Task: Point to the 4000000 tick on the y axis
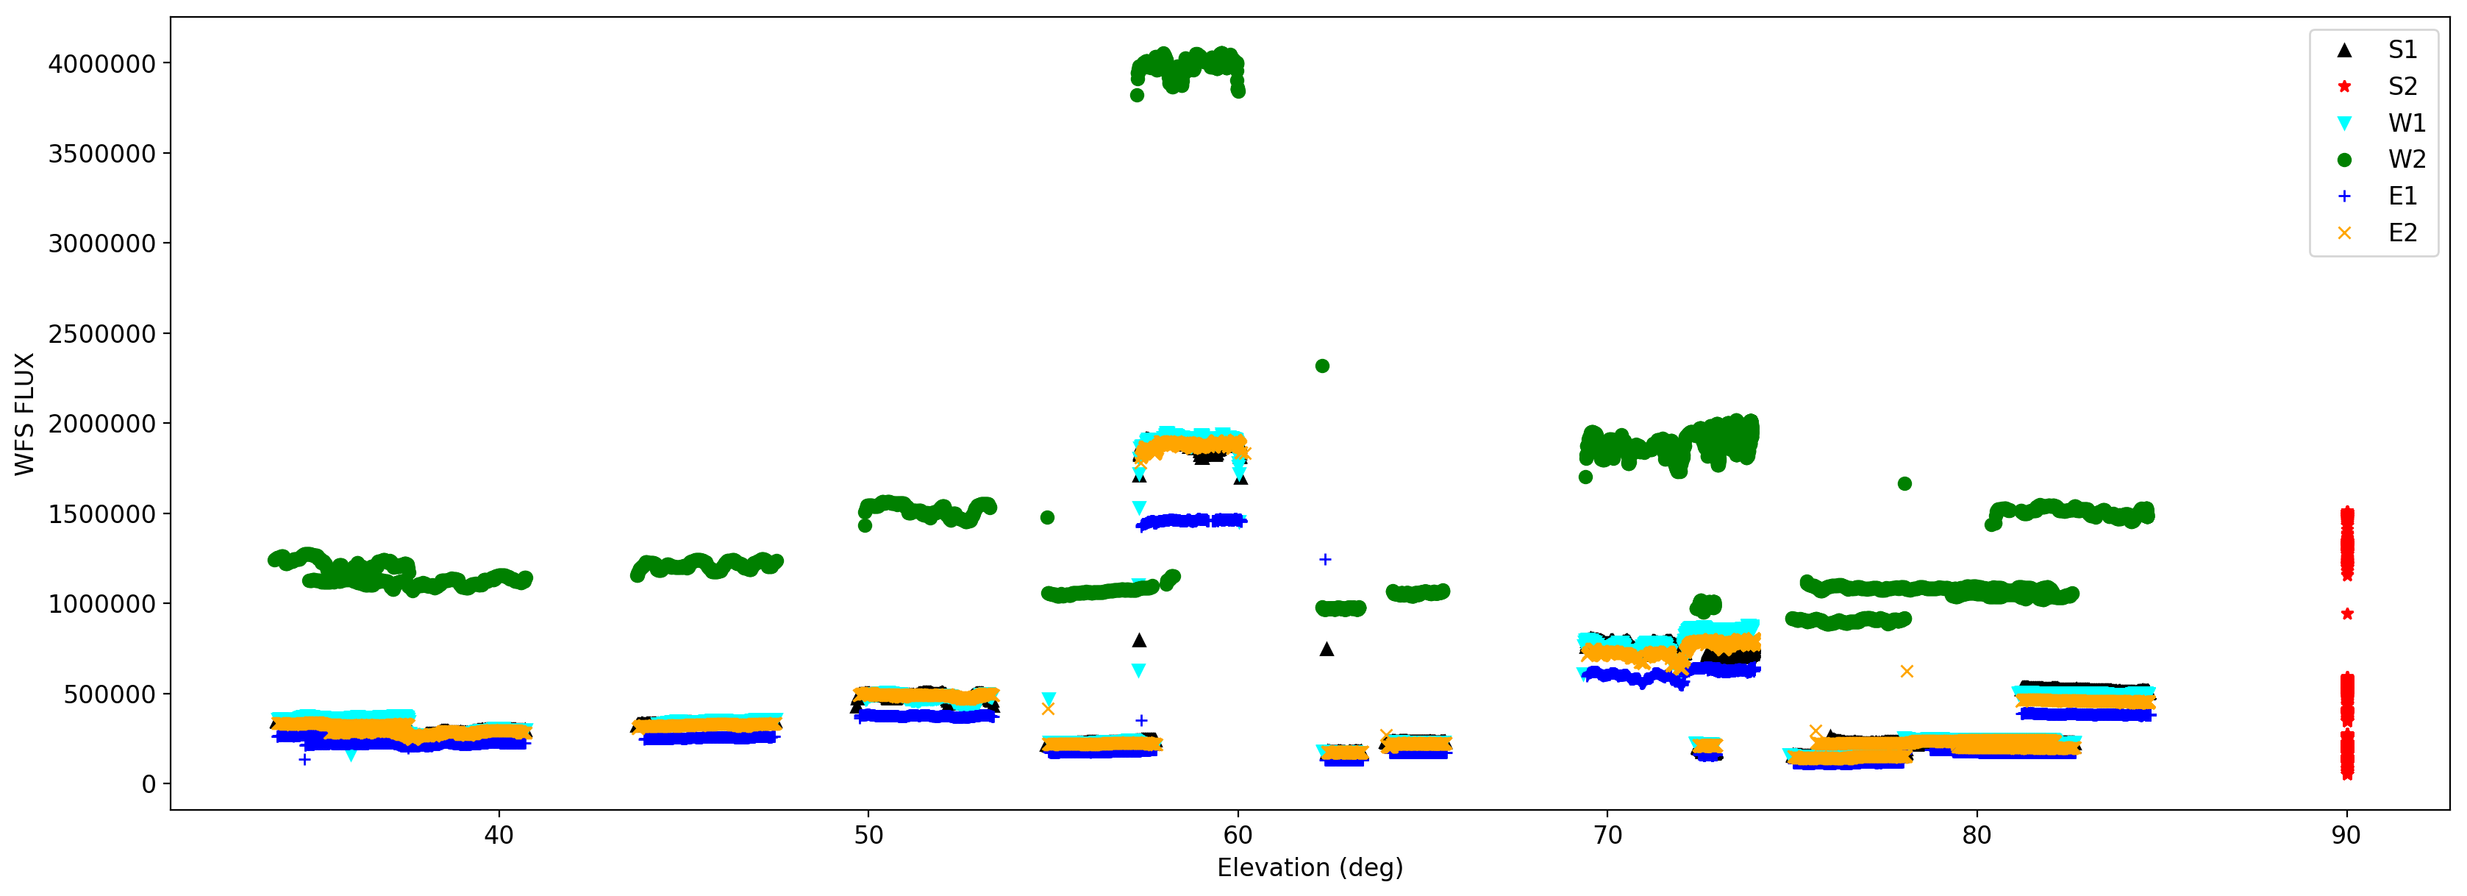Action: tap(101, 64)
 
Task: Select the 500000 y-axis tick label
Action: tap(109, 694)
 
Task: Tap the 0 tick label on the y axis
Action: tap(149, 785)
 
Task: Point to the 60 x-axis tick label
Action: tap(1238, 836)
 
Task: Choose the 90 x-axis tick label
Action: tap(2346, 836)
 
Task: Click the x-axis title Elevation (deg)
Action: tap(1309, 868)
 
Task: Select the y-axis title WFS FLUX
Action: tap(25, 414)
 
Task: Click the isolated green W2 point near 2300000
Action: tap(1321, 366)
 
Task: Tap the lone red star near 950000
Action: tap(2347, 614)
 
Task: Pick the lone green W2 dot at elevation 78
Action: tap(1904, 484)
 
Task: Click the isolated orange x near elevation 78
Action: tap(1907, 672)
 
